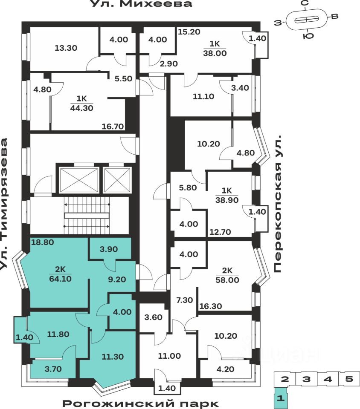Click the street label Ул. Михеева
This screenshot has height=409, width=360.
point(141,4)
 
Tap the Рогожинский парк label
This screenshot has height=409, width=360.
point(141,403)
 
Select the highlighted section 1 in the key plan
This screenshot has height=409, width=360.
point(280,399)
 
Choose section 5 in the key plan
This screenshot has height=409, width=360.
point(349,379)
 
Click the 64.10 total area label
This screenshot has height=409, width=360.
point(60,279)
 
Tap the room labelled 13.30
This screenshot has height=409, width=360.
point(66,48)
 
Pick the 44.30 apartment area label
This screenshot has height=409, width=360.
point(81,107)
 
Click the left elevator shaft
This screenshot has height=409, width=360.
point(79,179)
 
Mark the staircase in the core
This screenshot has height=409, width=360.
point(88,215)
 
